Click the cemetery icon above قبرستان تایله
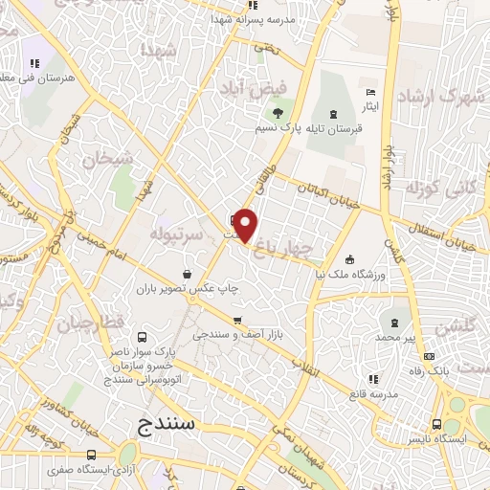point(332,111)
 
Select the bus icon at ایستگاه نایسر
point(437,425)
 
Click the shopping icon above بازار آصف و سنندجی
point(236,322)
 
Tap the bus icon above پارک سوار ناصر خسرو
point(143,338)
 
